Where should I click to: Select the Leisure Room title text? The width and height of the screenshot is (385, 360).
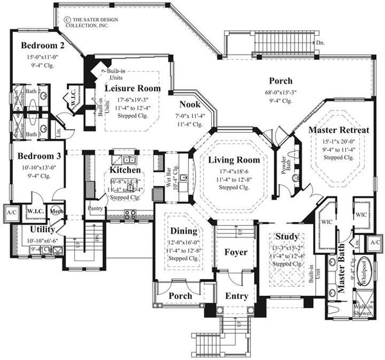(132, 89)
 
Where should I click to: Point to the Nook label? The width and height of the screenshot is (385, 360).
(189, 105)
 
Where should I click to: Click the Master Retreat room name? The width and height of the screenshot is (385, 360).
(339, 130)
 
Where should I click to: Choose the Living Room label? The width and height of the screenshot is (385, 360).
(234, 160)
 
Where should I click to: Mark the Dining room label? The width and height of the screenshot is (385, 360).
(183, 230)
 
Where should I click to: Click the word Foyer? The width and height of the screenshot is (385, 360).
(235, 252)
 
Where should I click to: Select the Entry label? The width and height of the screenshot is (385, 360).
(235, 296)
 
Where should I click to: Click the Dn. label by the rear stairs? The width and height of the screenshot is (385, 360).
(320, 43)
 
